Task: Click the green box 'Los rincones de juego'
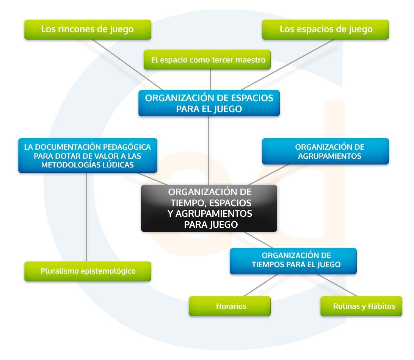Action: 88,30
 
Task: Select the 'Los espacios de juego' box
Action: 325,30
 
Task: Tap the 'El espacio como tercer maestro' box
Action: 207,59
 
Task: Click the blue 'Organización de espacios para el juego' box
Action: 209,103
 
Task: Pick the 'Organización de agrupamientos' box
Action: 325,151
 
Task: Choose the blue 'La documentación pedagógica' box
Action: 88,156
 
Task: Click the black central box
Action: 209,208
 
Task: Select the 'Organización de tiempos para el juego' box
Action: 293,261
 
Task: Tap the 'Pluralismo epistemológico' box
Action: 88,271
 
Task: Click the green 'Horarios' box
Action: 230,306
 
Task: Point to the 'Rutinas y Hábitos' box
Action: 362,306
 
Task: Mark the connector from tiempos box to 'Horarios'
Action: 261,285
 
